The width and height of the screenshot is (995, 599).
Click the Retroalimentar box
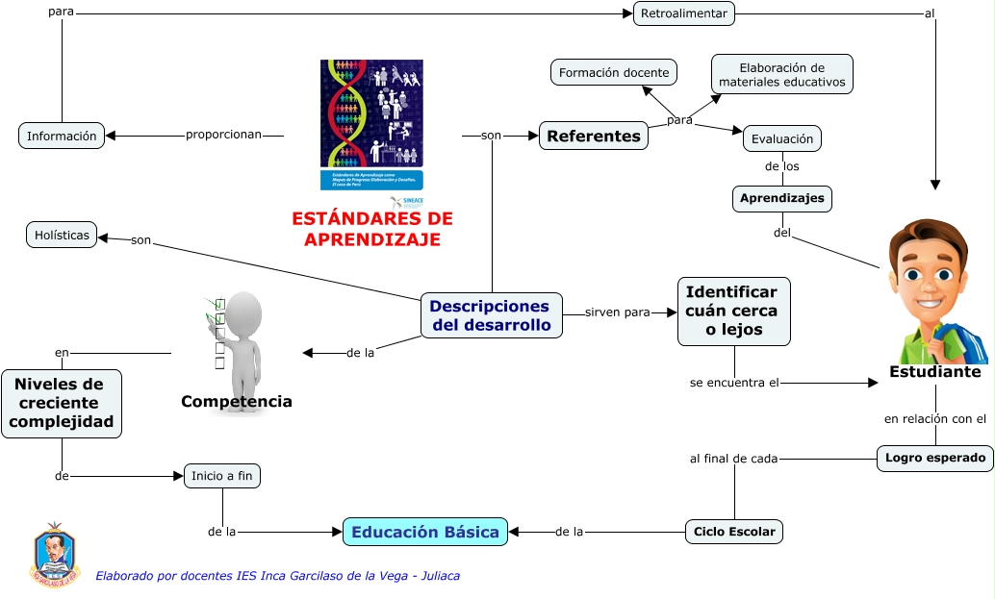684,13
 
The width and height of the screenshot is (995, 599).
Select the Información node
62,136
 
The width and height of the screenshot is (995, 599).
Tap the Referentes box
594,136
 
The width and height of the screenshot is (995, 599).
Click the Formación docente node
614,73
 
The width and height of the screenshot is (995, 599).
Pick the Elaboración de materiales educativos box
782,74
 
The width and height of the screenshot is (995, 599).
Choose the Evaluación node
782,138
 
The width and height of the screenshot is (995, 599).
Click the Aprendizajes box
781,198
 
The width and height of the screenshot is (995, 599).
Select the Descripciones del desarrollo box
491,315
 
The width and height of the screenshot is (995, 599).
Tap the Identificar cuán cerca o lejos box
733,312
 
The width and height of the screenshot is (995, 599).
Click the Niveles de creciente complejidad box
62,403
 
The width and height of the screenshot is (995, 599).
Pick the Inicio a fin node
222,475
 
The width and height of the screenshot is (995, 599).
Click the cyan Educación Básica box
424,532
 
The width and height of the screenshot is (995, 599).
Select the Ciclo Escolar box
734,532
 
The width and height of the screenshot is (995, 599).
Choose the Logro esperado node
935,458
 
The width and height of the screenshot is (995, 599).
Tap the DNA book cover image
371,125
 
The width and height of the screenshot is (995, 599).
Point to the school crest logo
54,556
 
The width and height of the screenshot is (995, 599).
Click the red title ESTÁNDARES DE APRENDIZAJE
371,229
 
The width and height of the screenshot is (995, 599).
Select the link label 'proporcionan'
223,135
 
